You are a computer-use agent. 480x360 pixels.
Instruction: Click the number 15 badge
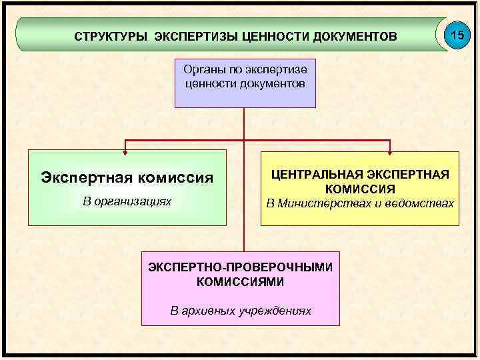(457, 33)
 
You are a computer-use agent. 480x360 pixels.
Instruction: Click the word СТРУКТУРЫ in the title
(111, 35)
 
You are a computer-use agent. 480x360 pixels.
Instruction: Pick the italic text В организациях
(127, 200)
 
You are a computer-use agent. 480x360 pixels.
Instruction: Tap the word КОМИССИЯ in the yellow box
(359, 189)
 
